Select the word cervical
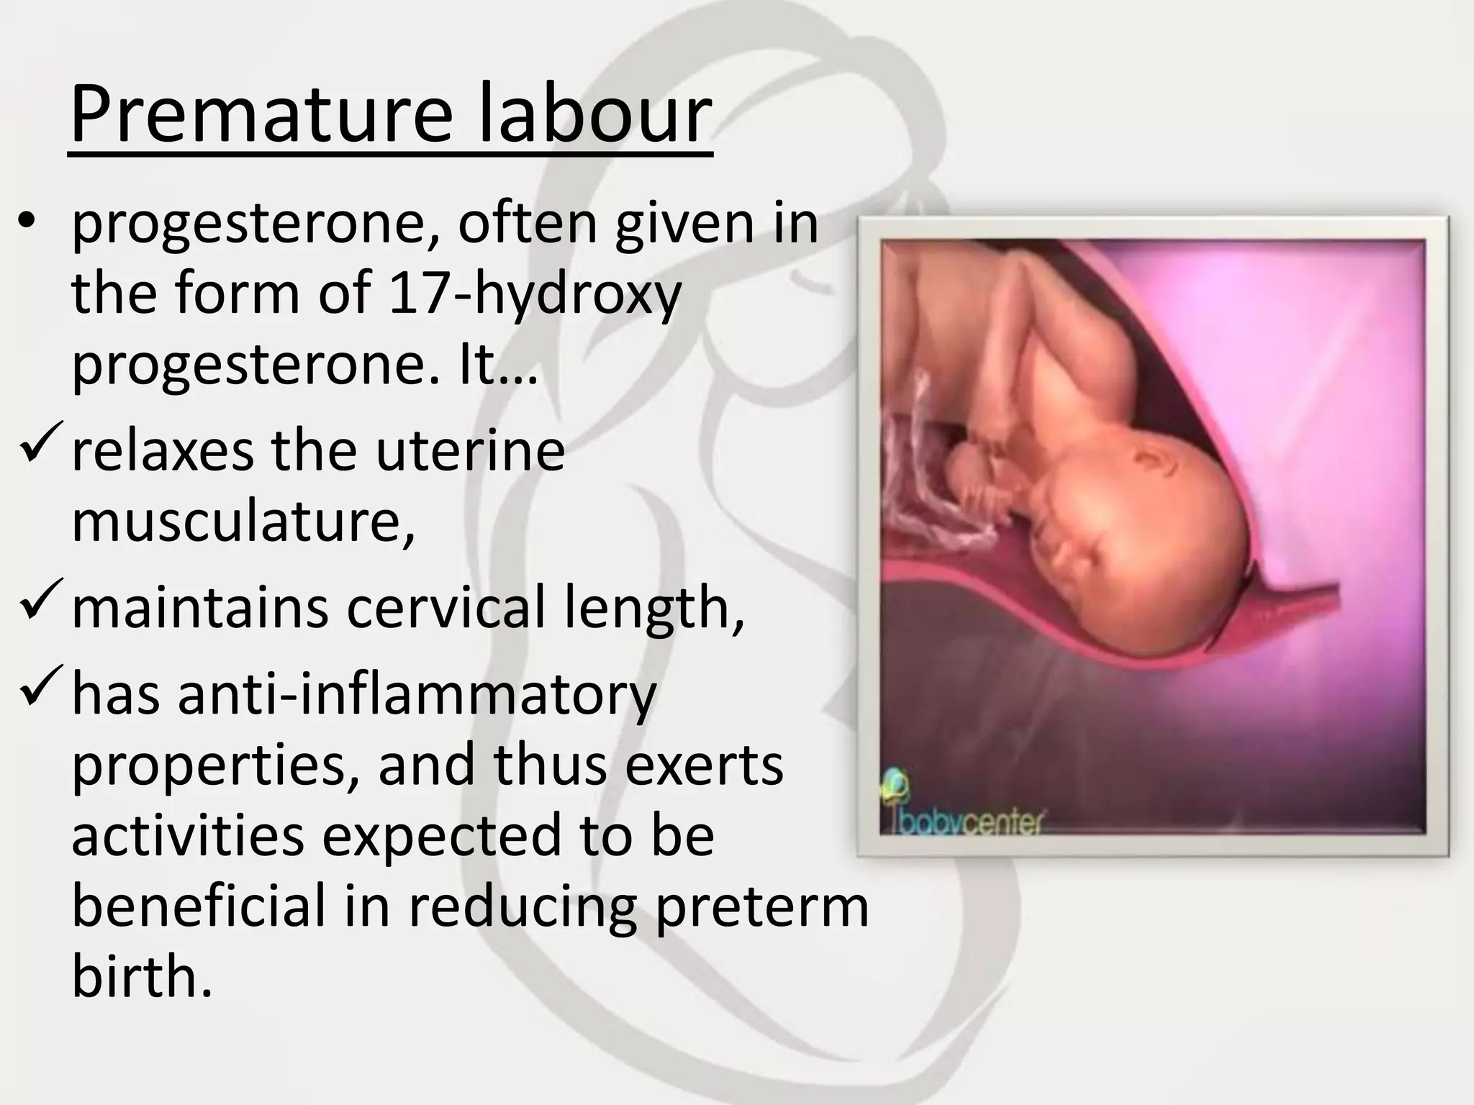point(446,608)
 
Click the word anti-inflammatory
point(417,695)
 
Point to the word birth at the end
point(142,976)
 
